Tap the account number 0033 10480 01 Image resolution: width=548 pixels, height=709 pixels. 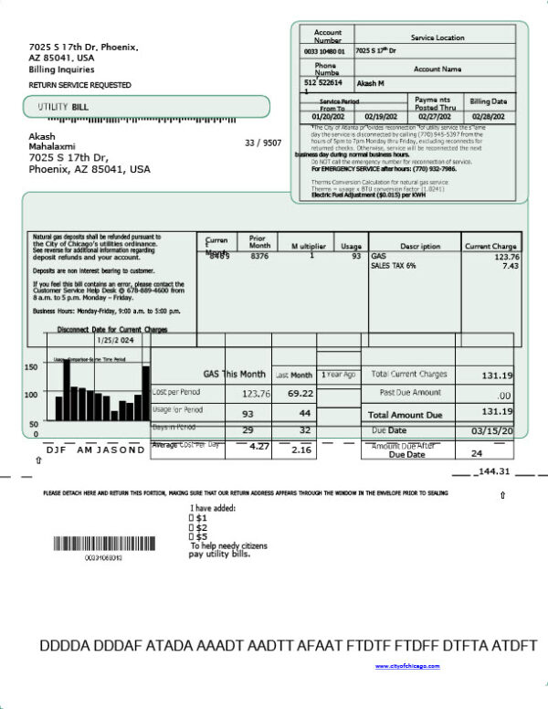(324, 51)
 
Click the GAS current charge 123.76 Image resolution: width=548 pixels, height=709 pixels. (504, 257)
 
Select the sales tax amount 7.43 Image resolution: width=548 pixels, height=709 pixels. (510, 266)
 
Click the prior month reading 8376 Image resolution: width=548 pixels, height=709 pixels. (259, 257)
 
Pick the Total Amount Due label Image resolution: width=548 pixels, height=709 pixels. (408, 414)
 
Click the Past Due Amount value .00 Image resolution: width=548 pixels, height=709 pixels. (503, 395)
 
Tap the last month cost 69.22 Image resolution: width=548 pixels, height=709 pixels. (300, 393)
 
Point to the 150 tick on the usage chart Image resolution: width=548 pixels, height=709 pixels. (31, 367)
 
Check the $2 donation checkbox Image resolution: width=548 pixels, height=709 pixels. (192, 527)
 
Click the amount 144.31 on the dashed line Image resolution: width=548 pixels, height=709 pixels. (492, 472)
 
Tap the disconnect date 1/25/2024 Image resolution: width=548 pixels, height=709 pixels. (109, 340)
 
